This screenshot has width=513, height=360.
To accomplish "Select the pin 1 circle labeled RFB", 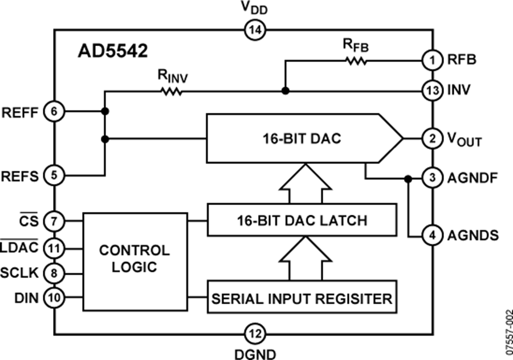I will click(x=433, y=59).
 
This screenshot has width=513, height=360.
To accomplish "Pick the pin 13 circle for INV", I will click(x=433, y=90).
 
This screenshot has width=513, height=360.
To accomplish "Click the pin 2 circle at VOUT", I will click(x=433, y=138).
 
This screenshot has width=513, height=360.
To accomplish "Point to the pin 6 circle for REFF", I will click(x=54, y=112).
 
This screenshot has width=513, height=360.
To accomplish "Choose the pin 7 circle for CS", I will click(x=54, y=220).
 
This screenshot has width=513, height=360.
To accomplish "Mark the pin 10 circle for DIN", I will click(x=54, y=297).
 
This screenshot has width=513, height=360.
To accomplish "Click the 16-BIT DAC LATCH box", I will click(x=302, y=220).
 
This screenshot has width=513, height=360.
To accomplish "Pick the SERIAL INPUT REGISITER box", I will click(x=302, y=297).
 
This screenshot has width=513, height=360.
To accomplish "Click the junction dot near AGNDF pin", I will click(x=408, y=178).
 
